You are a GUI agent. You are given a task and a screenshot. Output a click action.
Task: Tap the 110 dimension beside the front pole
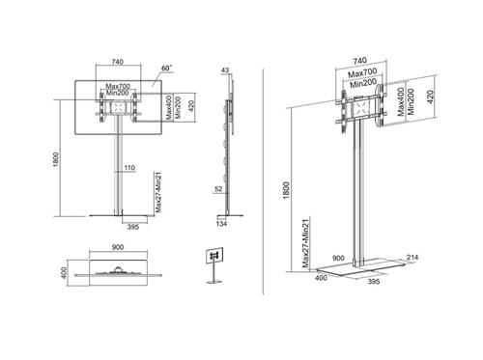coord(128,168)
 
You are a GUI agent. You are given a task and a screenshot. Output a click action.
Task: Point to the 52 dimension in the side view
coord(219,189)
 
